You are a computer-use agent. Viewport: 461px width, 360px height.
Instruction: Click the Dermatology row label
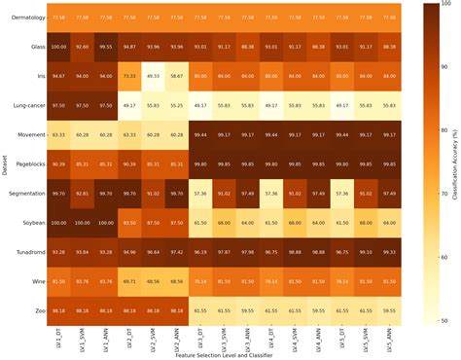pos(26,17)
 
